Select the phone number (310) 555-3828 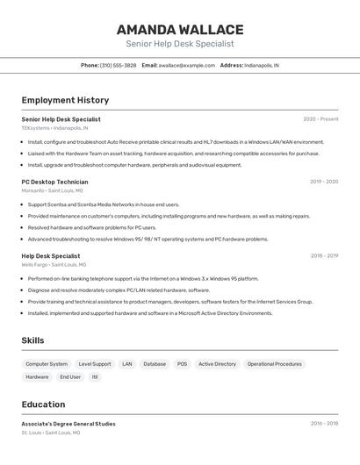(x=118, y=65)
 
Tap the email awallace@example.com (x=187, y=65)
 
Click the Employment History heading (x=65, y=100)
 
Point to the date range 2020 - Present (x=320, y=119)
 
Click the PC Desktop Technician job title (x=55, y=182)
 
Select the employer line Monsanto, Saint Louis (x=53, y=190)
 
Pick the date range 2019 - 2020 (x=324, y=182)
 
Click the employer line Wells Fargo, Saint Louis (x=54, y=264)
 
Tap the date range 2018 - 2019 (x=324, y=256)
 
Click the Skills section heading (x=32, y=340)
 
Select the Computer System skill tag (x=47, y=364)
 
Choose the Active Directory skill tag (x=217, y=364)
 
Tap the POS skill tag (x=182, y=364)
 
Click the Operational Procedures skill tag (x=274, y=364)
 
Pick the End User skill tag (x=70, y=377)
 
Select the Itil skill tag (x=95, y=377)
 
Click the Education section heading (x=43, y=404)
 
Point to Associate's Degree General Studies (x=68, y=424)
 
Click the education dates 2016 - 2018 (x=324, y=424)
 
